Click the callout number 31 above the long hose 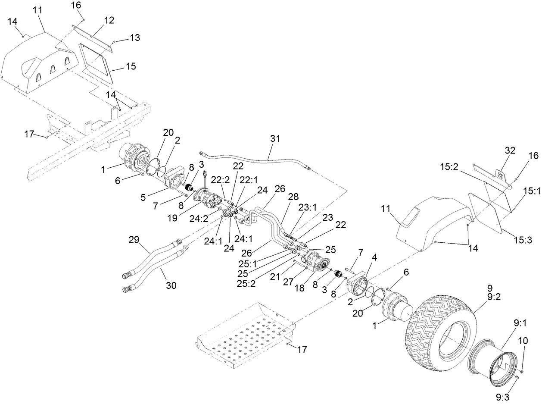click(275, 139)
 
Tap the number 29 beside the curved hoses click(134, 239)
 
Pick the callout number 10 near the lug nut click(523, 341)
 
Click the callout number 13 click(134, 38)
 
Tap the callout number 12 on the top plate click(109, 20)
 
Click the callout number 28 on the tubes click(293, 197)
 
